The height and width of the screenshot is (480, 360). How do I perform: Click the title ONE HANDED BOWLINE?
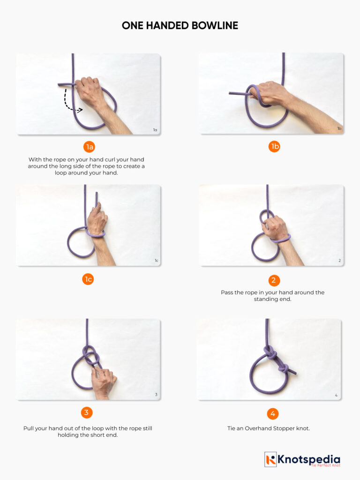[x=180, y=26]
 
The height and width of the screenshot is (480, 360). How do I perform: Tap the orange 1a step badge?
[x=89, y=147]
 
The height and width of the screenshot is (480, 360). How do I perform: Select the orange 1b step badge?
[x=274, y=147]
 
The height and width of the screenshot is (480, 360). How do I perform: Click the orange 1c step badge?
[x=88, y=279]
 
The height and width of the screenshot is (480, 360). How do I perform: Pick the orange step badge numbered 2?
[x=274, y=280]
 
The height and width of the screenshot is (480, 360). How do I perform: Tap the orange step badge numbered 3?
[x=86, y=412]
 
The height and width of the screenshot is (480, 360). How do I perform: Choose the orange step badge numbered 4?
[x=272, y=413]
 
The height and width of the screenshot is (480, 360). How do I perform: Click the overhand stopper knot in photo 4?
[x=284, y=368]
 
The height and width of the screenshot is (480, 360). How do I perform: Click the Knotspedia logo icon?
[x=270, y=459]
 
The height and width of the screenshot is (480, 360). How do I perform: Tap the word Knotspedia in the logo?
[x=309, y=459]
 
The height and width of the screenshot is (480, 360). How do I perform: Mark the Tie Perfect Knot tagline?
[x=325, y=465]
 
